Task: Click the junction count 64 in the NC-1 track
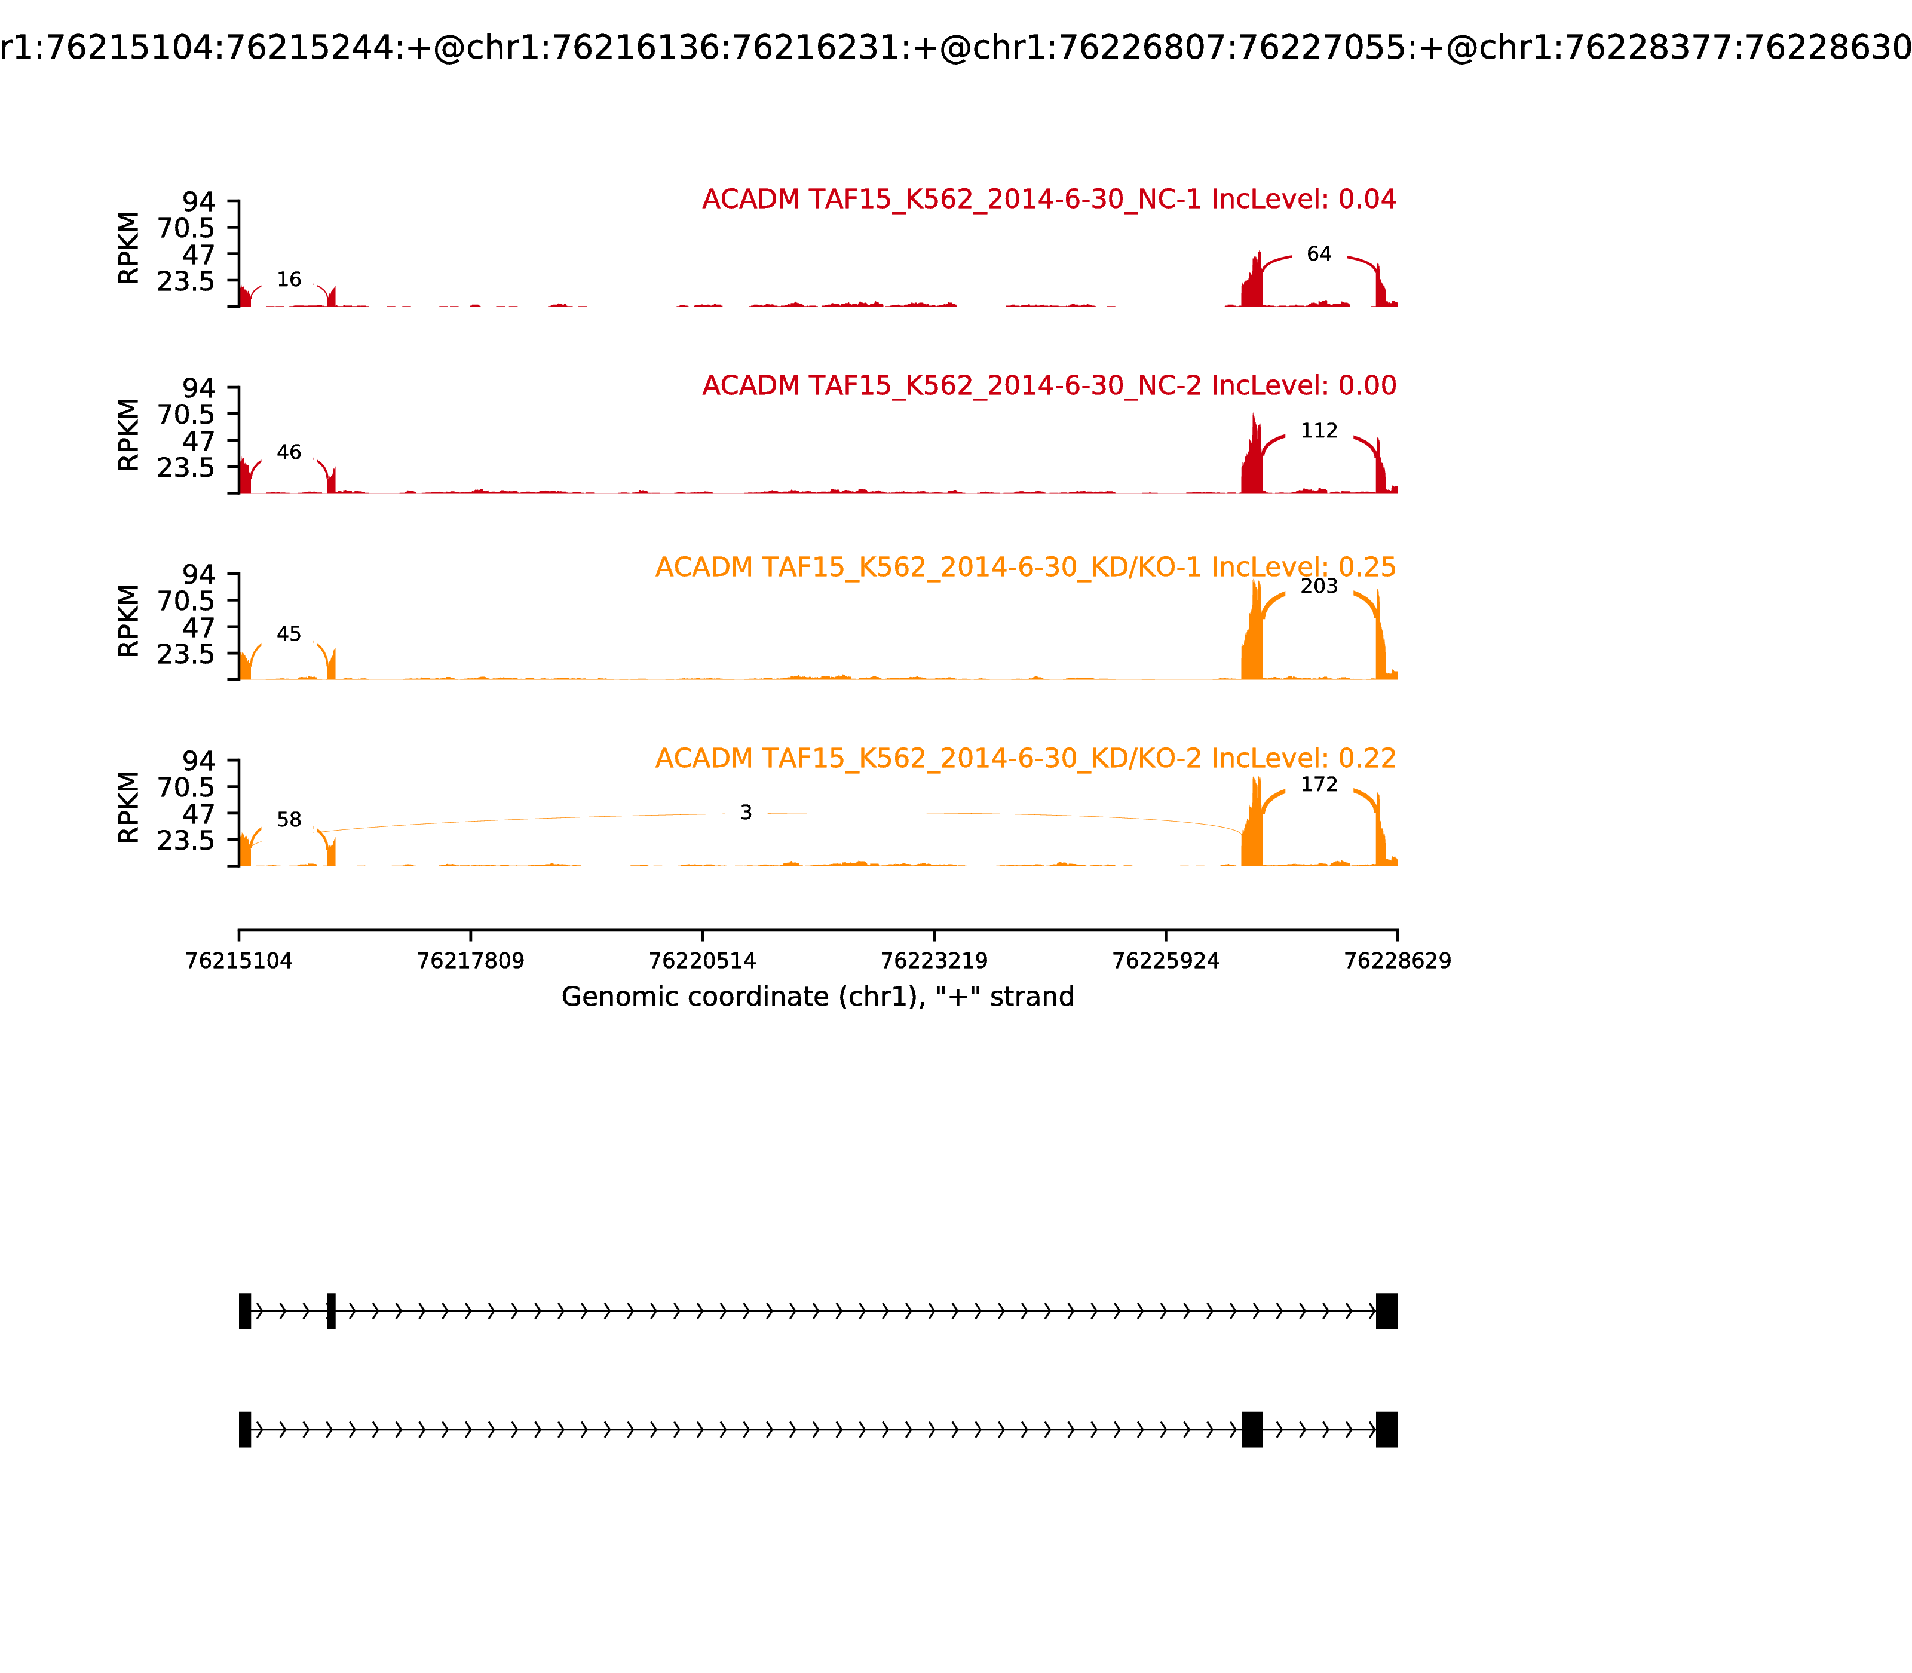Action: [x=1318, y=254]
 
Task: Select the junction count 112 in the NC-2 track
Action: [x=1318, y=430]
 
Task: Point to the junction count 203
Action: [x=1318, y=586]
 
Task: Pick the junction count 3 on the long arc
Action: [x=746, y=813]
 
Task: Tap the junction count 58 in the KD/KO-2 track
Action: [x=289, y=820]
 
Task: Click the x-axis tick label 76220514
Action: [x=702, y=961]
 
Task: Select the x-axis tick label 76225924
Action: [x=1165, y=961]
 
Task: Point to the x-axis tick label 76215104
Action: [x=239, y=961]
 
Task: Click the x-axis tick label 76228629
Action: [x=1397, y=961]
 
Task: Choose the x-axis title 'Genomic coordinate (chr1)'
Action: [x=818, y=997]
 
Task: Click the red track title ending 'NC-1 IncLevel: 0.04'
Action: [x=1049, y=200]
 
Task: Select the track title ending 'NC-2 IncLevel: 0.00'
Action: [x=1049, y=385]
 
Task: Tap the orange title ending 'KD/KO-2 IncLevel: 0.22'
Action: [x=1025, y=758]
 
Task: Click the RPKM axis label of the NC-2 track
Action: [x=129, y=435]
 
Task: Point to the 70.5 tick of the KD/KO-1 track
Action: [x=186, y=600]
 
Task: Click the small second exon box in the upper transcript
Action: [x=332, y=1311]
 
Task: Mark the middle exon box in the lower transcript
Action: [x=1252, y=1429]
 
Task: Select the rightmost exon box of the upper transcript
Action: [x=1386, y=1311]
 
